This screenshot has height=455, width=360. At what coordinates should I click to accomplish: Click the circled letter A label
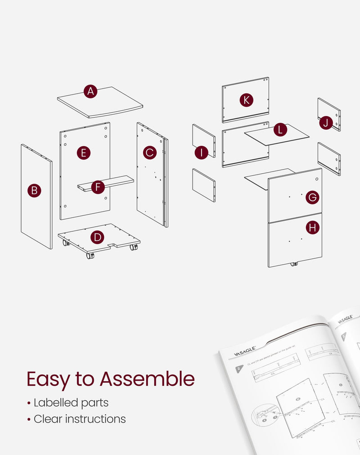coord(91,92)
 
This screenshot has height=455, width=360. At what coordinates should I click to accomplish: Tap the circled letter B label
coord(34,191)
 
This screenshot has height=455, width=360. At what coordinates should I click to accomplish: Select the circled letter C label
coord(150,153)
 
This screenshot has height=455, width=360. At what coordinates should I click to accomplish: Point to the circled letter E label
coord(83,153)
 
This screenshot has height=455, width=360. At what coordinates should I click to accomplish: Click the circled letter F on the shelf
coord(98,187)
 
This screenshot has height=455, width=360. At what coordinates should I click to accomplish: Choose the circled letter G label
coord(312,197)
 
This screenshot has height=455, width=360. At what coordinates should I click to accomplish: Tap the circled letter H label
coord(312,228)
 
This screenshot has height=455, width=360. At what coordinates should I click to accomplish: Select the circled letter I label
coord(201,153)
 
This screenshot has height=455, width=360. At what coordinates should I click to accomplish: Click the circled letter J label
coord(326,123)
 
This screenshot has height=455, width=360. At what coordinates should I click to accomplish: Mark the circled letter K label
coord(246,100)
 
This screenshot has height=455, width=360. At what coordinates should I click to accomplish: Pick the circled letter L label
coord(281,130)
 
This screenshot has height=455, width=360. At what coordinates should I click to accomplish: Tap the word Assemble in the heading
coord(147,379)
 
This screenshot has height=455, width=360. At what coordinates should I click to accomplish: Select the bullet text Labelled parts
coord(71,402)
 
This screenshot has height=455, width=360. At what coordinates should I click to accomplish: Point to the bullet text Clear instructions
coord(80,419)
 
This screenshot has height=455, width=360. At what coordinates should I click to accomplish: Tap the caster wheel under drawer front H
coord(295,265)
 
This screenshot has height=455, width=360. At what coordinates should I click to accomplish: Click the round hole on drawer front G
coord(317,179)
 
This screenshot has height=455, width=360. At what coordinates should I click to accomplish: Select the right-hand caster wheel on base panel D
coord(134,247)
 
